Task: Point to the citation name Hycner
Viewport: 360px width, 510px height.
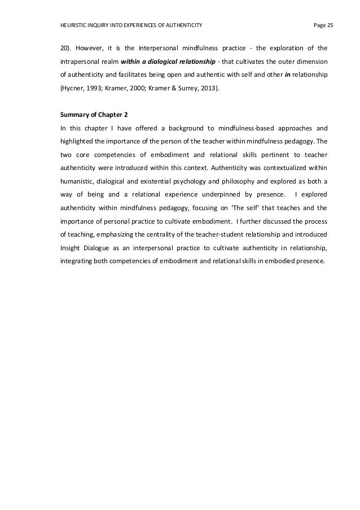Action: click(x=73, y=89)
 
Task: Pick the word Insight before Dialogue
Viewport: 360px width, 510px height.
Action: click(x=71, y=247)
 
